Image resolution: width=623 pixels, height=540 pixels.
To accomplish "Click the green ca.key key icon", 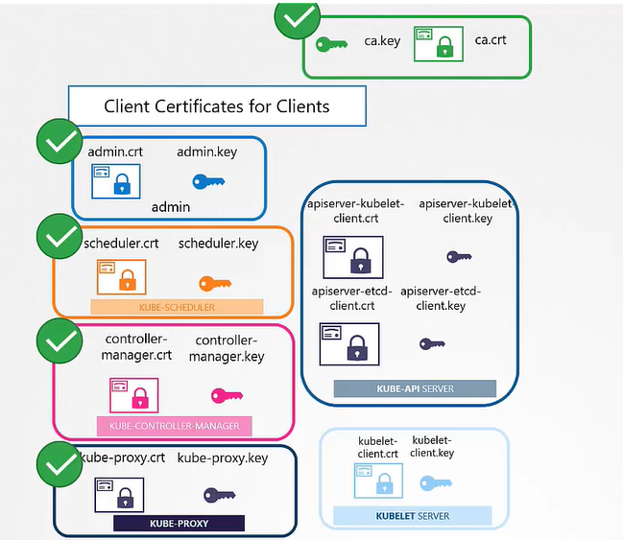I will pos(331,43).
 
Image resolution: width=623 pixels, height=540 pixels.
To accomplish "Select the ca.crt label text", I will pos(491,39).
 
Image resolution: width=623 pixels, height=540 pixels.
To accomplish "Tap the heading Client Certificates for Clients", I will pos(216,106).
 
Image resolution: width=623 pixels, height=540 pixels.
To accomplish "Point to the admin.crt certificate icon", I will pos(115,180).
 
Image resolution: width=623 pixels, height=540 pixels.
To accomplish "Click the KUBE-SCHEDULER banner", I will pos(177,308).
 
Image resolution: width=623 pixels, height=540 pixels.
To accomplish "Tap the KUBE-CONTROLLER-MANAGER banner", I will pos(174,426).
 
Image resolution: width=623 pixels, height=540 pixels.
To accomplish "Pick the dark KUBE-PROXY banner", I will pos(180,524).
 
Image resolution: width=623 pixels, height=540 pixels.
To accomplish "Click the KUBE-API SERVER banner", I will pos(415,388).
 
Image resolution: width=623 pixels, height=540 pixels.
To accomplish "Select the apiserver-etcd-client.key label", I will pos(441,298).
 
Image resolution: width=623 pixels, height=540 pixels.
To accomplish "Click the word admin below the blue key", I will pos(171,206).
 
